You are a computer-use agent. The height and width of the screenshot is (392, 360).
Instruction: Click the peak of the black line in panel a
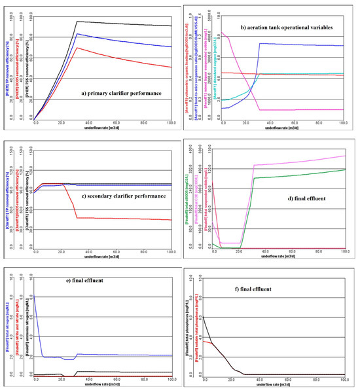77,22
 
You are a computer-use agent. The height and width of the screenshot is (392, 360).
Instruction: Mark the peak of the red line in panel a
77,47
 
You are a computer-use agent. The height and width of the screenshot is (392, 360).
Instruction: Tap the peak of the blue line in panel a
77,33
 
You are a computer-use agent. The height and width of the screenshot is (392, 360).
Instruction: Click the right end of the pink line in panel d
345,156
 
